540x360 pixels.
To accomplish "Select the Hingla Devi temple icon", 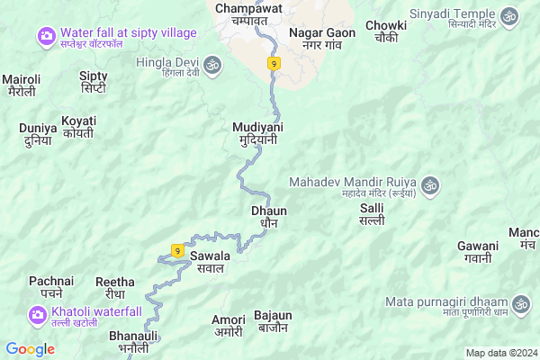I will pos(213,64).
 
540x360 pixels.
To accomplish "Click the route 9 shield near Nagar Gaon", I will pos(274,63).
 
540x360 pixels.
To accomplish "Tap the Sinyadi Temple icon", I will pos(509,16).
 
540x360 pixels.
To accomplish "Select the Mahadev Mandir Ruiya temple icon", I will pos(430,184).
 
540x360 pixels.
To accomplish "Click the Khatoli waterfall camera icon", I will pos(38,314).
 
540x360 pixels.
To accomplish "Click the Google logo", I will pos(30,349).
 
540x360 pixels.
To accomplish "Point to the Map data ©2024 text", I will pos(499,353).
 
